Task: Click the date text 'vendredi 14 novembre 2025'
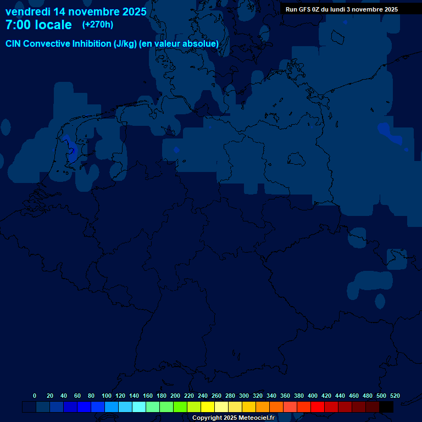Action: point(76,12)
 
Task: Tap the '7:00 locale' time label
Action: point(38,25)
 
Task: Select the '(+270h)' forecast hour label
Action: point(98,25)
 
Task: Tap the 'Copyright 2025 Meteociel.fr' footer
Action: point(234,418)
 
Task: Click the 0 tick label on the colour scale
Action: point(35,396)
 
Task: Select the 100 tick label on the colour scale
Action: point(106,396)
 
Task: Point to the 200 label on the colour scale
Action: point(175,396)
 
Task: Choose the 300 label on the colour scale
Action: point(243,396)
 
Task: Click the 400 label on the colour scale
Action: point(312,396)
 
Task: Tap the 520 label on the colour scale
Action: point(395,396)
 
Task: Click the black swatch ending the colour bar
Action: point(386,407)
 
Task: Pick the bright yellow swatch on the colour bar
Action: point(208,407)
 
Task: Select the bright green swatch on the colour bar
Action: point(180,407)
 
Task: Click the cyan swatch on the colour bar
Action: point(139,407)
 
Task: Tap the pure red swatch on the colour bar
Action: point(318,407)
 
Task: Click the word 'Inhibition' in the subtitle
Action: point(91,43)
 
